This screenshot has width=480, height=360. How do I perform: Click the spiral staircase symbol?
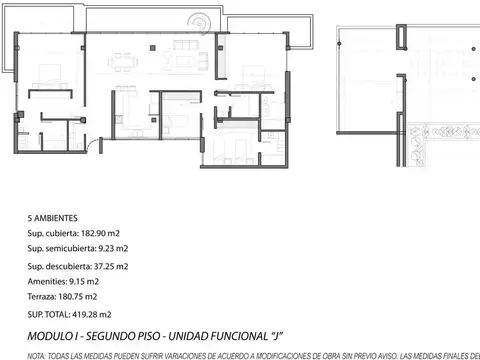[x=199, y=24]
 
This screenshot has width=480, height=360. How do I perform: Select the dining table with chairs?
[x=123, y=62]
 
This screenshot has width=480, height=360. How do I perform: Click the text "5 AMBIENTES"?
[x=53, y=218]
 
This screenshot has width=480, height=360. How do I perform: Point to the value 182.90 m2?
[x=100, y=233]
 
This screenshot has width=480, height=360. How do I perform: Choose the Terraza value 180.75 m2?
[x=78, y=297]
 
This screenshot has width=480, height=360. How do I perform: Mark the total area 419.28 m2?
[x=92, y=315]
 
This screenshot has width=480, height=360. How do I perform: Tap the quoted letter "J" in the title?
[x=276, y=336]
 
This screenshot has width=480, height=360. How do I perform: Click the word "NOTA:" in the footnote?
[x=36, y=356]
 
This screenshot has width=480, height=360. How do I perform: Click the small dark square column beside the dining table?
[x=153, y=48]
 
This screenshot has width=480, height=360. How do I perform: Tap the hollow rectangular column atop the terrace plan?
[x=401, y=37]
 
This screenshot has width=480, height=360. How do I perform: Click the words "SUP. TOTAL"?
[x=49, y=315]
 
